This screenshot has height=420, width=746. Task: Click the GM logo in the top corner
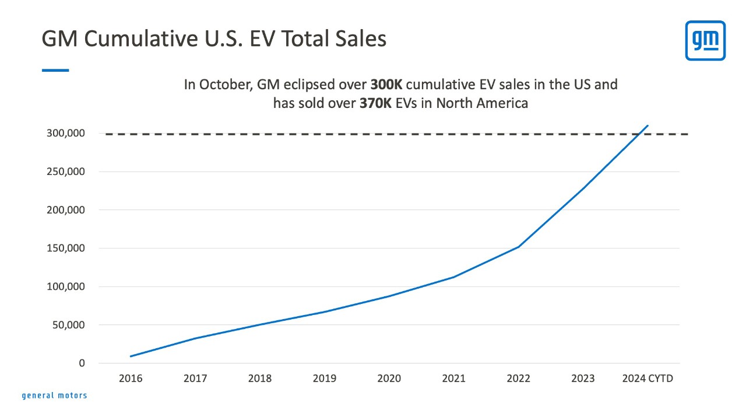(705, 40)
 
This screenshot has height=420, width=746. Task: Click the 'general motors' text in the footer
(54, 395)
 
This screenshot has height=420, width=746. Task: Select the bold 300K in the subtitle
(386, 85)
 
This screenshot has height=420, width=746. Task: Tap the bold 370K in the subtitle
(375, 104)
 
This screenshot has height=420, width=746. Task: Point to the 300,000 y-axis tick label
(65, 134)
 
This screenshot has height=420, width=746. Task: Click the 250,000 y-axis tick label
(65, 172)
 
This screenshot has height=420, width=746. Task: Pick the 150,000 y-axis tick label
(65, 249)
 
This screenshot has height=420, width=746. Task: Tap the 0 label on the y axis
(82, 363)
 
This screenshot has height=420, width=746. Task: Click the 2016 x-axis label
(131, 379)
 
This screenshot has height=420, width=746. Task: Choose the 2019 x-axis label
(324, 379)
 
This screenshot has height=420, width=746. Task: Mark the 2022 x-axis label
(518, 379)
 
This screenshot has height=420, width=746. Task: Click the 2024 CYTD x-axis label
(647, 379)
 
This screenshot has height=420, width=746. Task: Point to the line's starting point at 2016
(131, 356)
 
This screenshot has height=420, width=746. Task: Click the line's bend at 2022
(518, 247)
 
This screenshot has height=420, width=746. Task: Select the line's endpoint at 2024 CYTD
(648, 125)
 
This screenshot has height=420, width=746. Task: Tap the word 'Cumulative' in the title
(138, 38)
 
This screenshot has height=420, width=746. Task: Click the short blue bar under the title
(55, 70)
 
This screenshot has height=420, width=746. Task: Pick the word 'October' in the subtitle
(223, 85)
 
